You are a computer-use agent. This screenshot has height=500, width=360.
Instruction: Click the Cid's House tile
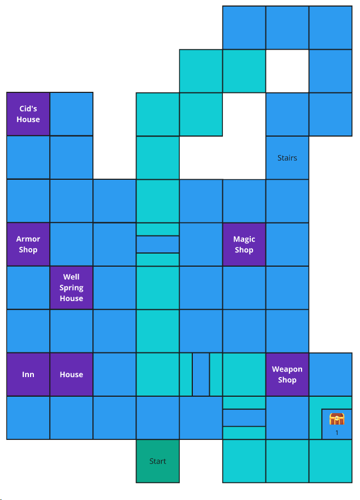(28, 114)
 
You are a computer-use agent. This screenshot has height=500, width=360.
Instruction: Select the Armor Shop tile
(28, 244)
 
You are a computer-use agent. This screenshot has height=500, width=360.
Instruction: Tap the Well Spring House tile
(71, 287)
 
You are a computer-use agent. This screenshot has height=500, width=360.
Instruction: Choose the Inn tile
(28, 374)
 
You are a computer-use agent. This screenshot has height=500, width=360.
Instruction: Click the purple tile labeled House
(71, 374)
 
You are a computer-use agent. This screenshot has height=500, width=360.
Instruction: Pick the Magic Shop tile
(244, 244)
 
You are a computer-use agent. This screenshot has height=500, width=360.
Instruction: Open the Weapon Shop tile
(287, 374)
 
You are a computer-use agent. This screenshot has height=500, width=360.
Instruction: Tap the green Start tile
(157, 461)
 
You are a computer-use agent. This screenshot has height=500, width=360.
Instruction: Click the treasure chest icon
(337, 419)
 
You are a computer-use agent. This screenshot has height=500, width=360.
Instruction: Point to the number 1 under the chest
(337, 433)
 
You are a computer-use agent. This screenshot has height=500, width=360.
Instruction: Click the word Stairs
(287, 158)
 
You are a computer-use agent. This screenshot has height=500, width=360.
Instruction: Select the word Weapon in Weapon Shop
(287, 369)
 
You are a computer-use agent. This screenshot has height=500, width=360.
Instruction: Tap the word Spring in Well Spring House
(71, 287)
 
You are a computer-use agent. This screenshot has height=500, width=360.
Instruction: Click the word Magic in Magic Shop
(244, 239)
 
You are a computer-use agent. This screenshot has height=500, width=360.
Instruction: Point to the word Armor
(28, 239)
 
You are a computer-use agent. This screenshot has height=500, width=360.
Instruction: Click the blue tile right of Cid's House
(71, 114)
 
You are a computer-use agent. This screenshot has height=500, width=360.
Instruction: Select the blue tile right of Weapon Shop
(331, 374)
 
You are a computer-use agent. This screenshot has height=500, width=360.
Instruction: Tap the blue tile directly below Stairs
(287, 201)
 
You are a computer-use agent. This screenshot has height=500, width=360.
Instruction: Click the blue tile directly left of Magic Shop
(200, 244)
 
